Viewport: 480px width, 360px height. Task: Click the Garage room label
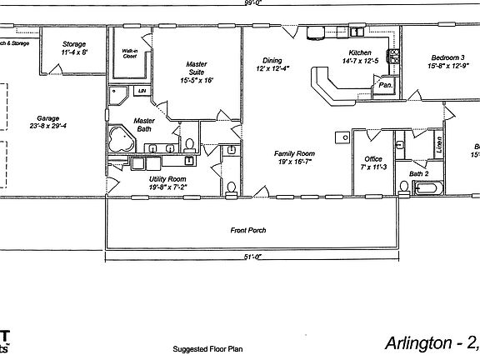(x=47, y=118)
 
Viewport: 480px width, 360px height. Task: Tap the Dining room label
(x=272, y=61)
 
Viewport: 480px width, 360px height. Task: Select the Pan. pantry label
(x=386, y=85)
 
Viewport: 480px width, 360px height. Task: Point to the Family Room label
(x=294, y=153)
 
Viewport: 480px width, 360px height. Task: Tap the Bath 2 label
(x=418, y=174)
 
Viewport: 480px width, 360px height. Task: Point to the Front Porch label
(x=248, y=230)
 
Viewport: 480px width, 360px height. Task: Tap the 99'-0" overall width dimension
(x=242, y=3)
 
